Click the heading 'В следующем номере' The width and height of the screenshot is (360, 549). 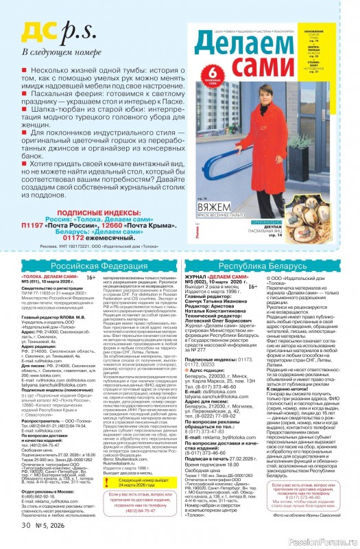56,52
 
